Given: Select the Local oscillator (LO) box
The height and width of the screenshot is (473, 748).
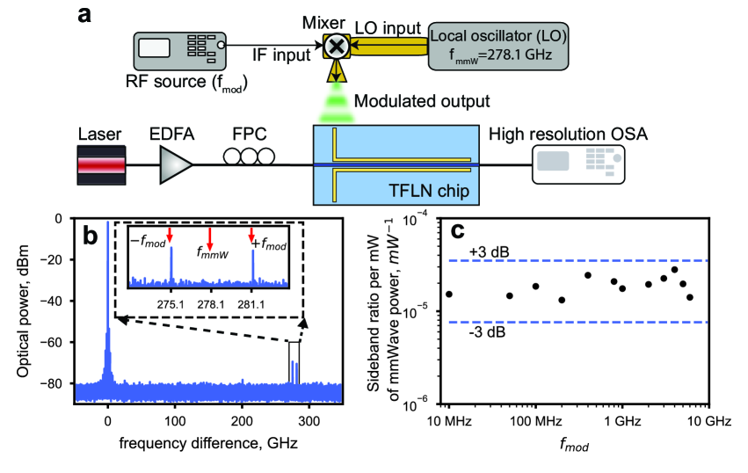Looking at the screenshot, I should [x=498, y=46].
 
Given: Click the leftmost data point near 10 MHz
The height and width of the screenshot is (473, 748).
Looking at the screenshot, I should [x=449, y=294].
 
